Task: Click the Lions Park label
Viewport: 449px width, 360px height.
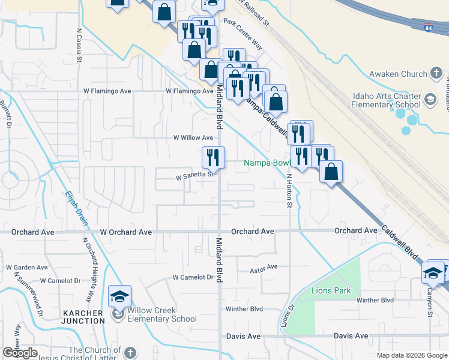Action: pyautogui.click(x=331, y=291)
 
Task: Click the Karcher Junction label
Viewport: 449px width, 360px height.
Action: pyautogui.click(x=82, y=317)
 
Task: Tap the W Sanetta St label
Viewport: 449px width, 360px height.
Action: pyautogui.click(x=194, y=176)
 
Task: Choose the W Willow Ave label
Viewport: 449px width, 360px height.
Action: pyautogui.click(x=193, y=137)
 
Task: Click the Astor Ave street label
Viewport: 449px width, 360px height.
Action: pyautogui.click(x=264, y=267)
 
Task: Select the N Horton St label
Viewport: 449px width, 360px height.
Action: pyautogui.click(x=289, y=191)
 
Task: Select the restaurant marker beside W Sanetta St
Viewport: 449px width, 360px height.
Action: pyautogui.click(x=213, y=157)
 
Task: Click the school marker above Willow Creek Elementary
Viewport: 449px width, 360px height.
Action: pyautogui.click(x=119, y=296)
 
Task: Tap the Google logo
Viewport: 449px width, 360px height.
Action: pyautogui.click(x=20, y=353)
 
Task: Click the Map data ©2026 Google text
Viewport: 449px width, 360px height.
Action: pyautogui.click(x=412, y=355)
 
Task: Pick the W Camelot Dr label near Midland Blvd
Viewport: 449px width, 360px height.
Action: pyautogui.click(x=193, y=278)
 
